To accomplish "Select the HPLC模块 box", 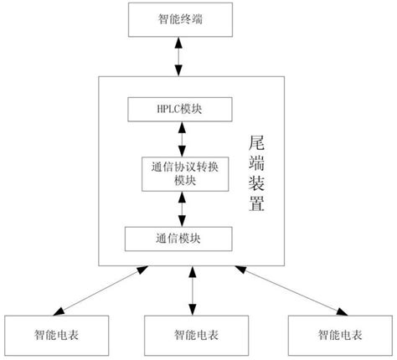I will (x=179, y=109).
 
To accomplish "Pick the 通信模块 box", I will (x=179, y=239).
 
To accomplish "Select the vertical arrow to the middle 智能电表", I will (x=193, y=291).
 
